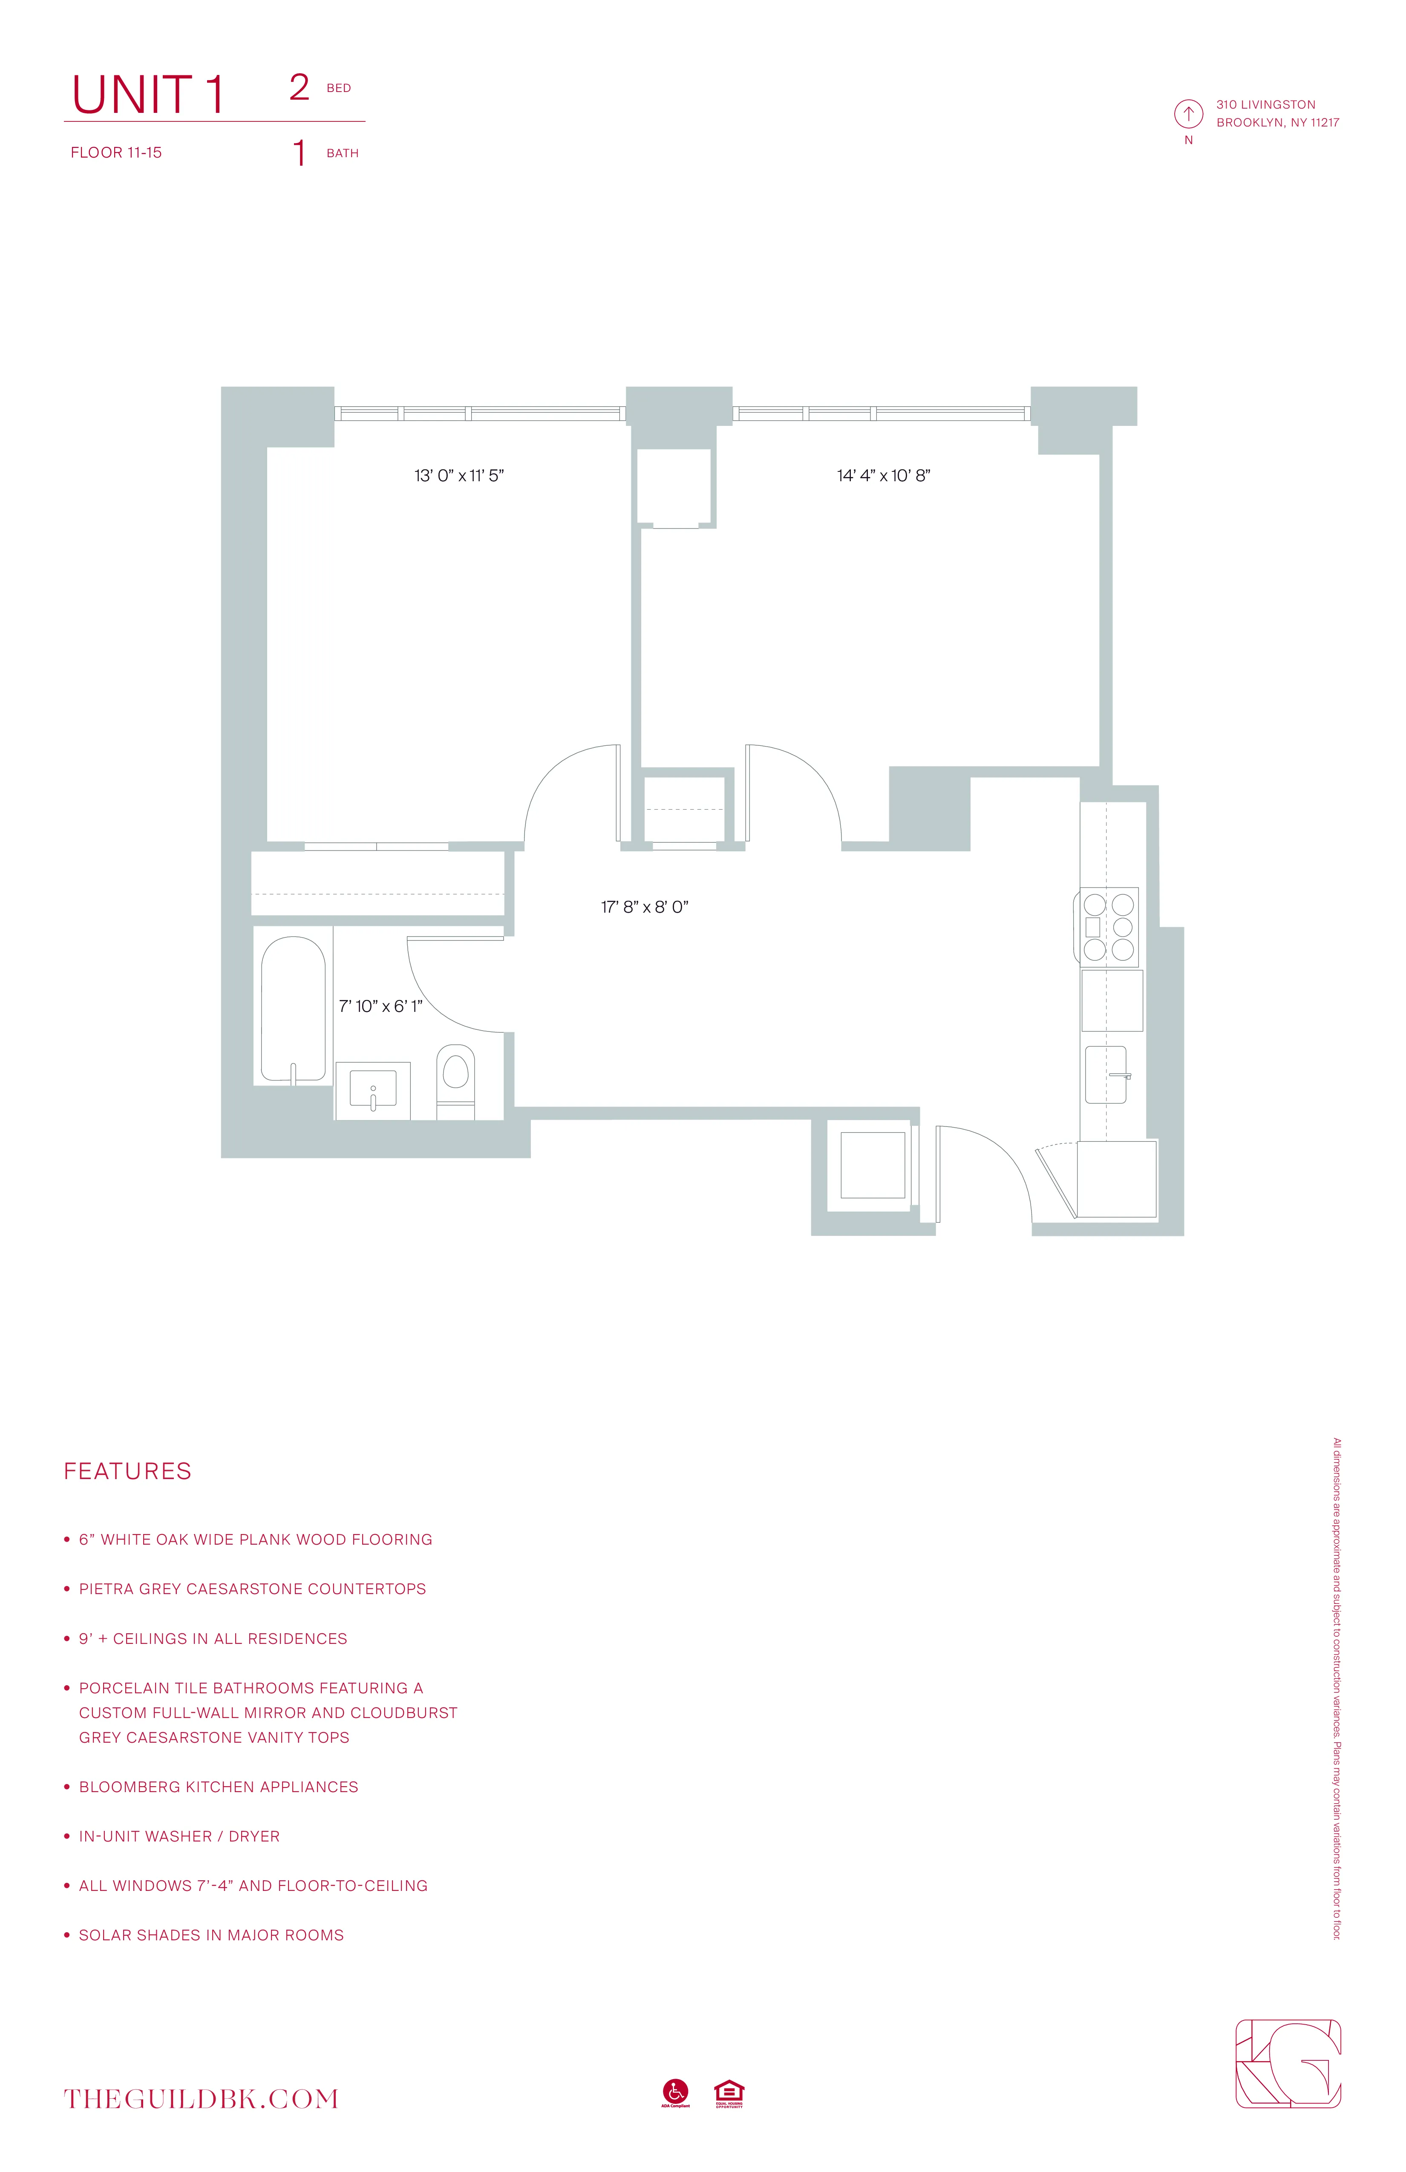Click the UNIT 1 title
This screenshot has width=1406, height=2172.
click(x=148, y=95)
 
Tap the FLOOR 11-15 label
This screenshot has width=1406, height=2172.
click(x=116, y=152)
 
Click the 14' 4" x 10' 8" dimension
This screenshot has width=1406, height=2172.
click(x=883, y=475)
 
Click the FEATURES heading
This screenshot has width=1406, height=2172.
click(x=128, y=1471)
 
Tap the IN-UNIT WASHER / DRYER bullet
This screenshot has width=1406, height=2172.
click(x=179, y=1836)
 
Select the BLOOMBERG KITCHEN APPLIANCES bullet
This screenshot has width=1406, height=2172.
click(x=218, y=1787)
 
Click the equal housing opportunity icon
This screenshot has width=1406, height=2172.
click(x=729, y=2092)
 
